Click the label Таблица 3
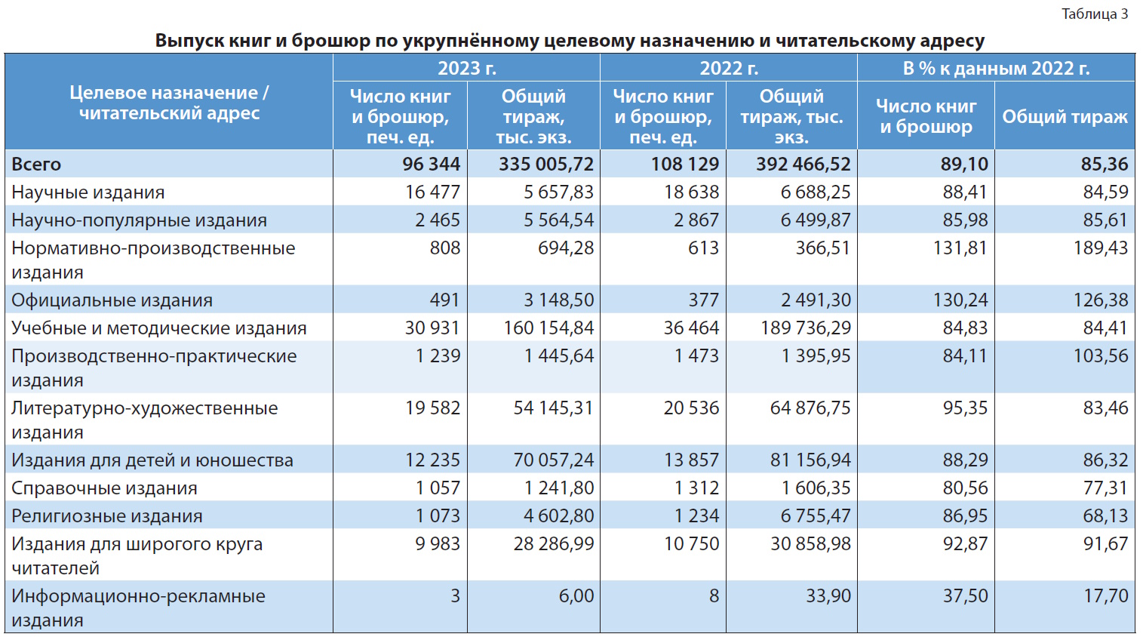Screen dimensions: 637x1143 point(1094,14)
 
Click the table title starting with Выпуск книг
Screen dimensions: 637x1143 point(570,40)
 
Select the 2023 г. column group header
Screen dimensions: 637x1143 point(467,68)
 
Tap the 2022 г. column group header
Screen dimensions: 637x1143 point(729,68)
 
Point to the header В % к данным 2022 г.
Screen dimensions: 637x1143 point(996,68)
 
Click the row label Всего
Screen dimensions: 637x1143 point(36,164)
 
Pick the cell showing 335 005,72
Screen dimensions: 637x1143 point(546,164)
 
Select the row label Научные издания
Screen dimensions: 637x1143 point(88,192)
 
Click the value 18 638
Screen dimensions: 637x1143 point(691,192)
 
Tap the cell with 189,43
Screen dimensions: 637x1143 point(1101,248)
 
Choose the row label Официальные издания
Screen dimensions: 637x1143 point(112,300)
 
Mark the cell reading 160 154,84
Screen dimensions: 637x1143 point(548,328)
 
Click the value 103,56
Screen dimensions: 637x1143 point(1101,355)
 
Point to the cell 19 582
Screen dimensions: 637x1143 point(432,408)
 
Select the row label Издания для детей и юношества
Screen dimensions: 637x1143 point(152,460)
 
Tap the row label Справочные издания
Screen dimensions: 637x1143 point(104,488)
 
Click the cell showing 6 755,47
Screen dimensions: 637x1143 point(816,515)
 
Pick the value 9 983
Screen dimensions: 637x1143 point(438,543)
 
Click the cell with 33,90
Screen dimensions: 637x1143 point(828,595)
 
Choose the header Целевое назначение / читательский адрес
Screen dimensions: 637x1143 point(169,103)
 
